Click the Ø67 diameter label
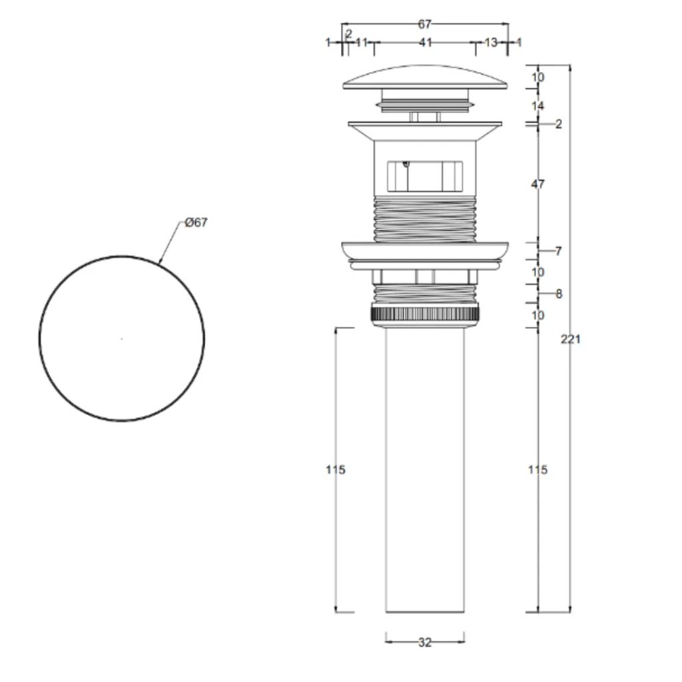[x=196, y=222]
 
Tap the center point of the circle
[x=122, y=338]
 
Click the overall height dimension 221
[x=570, y=339]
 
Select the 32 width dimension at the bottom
[x=425, y=642]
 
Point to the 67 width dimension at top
[x=424, y=25]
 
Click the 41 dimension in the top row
[x=426, y=43]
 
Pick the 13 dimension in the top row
[x=491, y=43]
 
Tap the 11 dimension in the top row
[x=362, y=43]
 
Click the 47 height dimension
[x=537, y=184]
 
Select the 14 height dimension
[x=537, y=106]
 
